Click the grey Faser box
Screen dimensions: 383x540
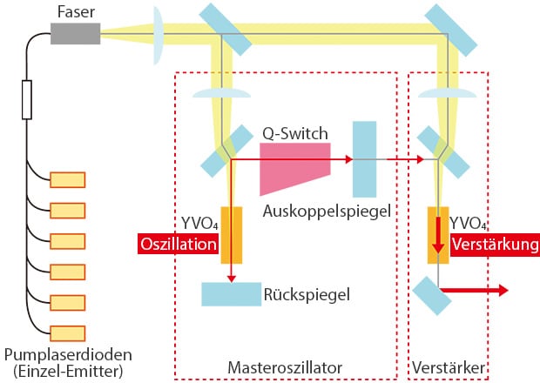tap(76, 33)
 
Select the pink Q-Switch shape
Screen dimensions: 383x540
tap(294, 168)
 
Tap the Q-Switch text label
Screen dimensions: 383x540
tap(296, 133)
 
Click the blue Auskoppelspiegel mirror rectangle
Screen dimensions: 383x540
tap(363, 159)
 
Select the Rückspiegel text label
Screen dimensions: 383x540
tap(306, 294)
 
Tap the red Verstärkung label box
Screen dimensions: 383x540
tap(492, 245)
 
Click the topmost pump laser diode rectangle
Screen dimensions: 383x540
tap(68, 180)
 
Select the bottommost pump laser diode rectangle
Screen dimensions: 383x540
tap(68, 333)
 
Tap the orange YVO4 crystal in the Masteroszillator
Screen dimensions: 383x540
tap(231, 234)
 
